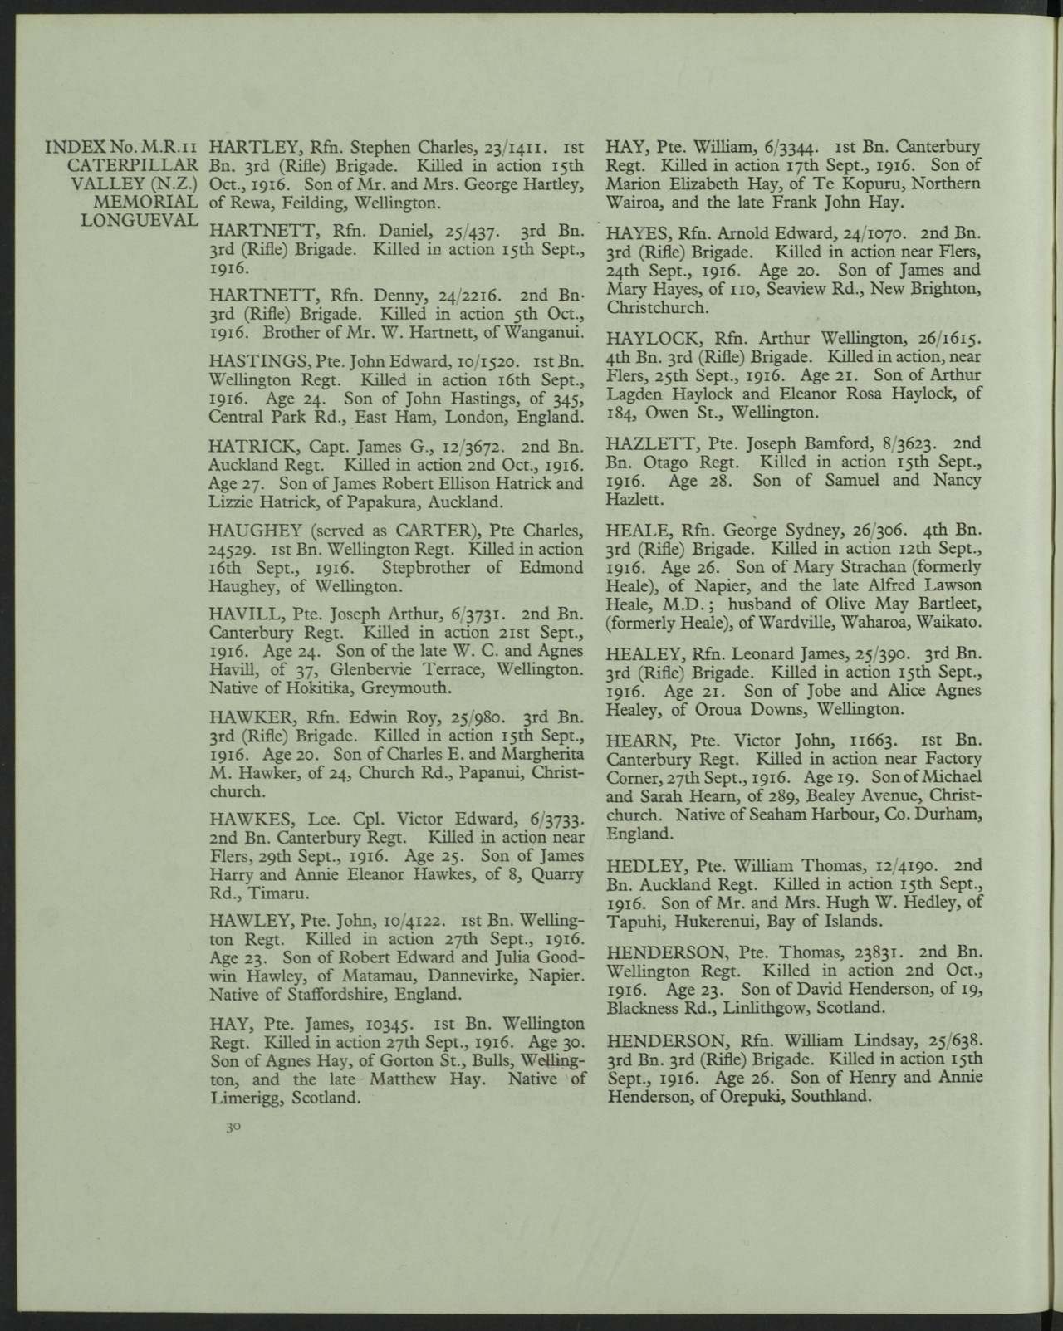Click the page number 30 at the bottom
(x=232, y=1128)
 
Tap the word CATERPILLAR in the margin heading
(x=132, y=164)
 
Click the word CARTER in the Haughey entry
(x=429, y=530)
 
